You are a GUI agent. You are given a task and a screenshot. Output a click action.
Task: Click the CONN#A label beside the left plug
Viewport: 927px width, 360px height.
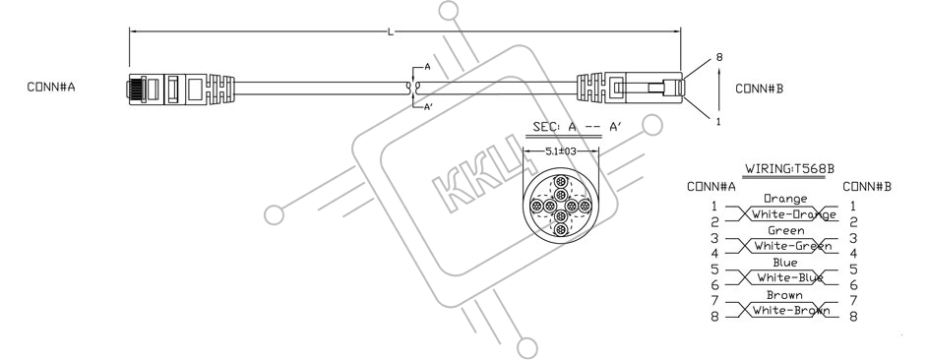[x=51, y=87]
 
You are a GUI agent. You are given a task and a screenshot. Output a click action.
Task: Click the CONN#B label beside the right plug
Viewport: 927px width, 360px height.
[x=760, y=89]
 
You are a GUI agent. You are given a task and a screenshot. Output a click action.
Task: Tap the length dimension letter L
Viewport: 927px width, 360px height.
[x=391, y=31]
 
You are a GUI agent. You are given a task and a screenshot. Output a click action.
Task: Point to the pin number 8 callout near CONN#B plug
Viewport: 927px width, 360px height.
[x=719, y=57]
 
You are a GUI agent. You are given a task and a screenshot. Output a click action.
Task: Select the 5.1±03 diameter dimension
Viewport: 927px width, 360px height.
[x=561, y=151]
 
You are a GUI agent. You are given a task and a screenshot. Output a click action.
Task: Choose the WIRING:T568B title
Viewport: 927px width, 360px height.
[x=789, y=168]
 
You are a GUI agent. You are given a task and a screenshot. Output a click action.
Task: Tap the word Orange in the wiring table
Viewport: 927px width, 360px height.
[x=785, y=199]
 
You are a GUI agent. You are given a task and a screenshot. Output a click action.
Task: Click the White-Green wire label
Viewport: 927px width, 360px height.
[x=793, y=246]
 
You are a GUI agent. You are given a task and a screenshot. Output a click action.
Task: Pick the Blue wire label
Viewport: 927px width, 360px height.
[x=785, y=263]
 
